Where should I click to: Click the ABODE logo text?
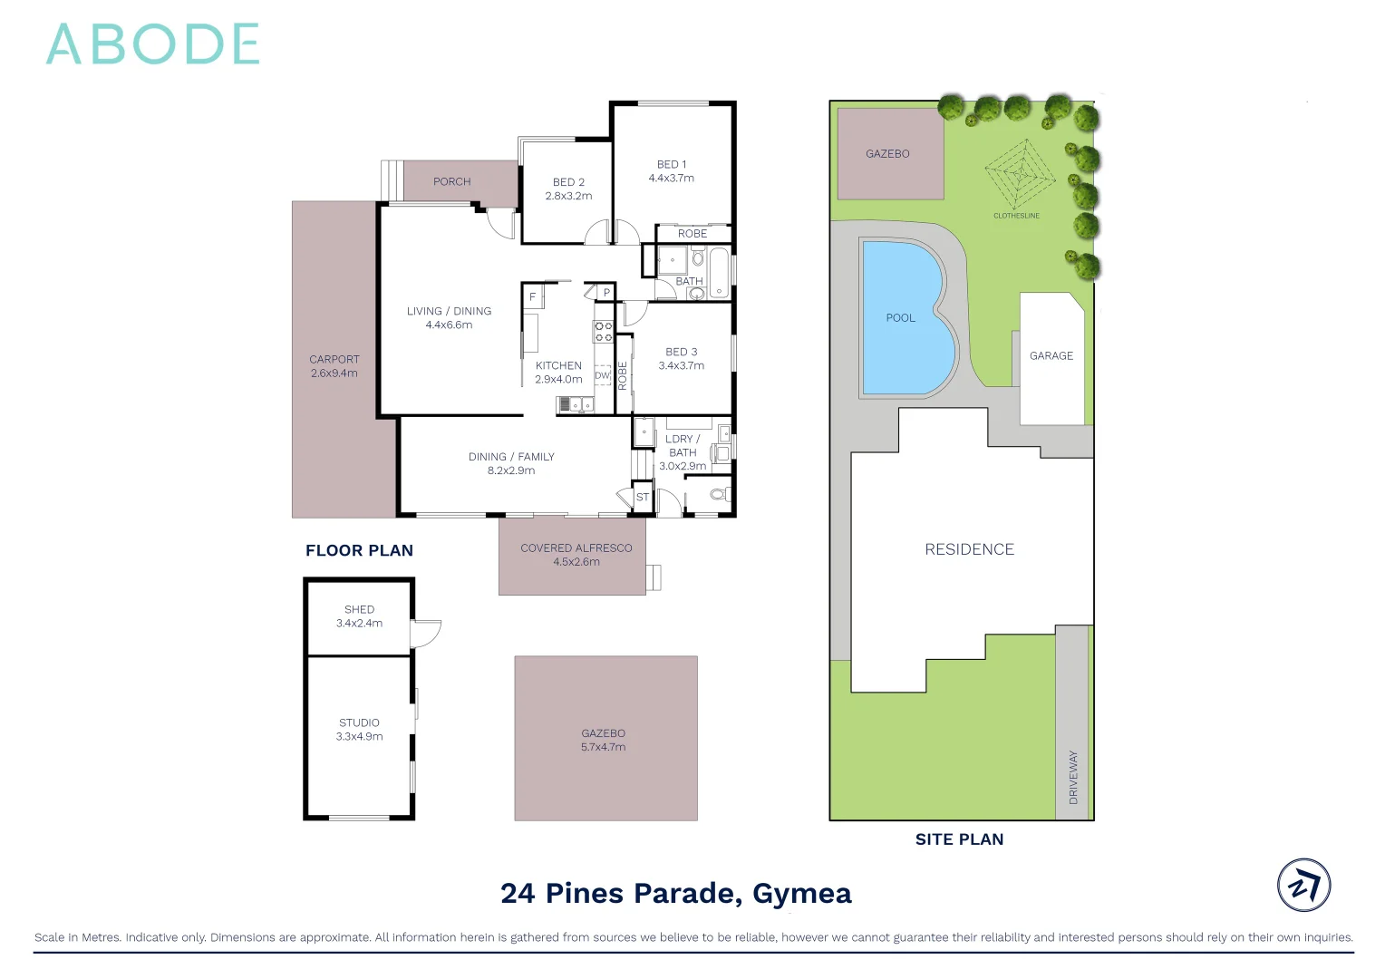click(152, 44)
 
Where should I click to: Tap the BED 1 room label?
click(671, 164)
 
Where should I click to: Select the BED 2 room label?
click(568, 182)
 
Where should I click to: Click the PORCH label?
click(451, 181)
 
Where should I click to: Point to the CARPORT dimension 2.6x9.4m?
click(334, 373)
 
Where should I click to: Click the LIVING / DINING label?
click(449, 311)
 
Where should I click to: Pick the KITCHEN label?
click(558, 365)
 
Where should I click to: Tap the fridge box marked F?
click(532, 297)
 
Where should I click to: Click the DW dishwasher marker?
click(602, 375)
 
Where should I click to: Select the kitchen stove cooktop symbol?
click(603, 332)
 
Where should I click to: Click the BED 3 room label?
click(681, 352)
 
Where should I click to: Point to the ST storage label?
click(642, 497)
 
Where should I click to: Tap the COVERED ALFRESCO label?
click(576, 548)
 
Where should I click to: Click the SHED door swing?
click(426, 633)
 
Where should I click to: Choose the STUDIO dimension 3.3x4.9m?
click(359, 737)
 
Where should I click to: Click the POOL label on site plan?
click(900, 318)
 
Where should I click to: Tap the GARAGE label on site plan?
click(1051, 356)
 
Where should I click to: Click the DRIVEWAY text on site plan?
click(1073, 777)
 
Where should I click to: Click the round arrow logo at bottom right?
click(1303, 885)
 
